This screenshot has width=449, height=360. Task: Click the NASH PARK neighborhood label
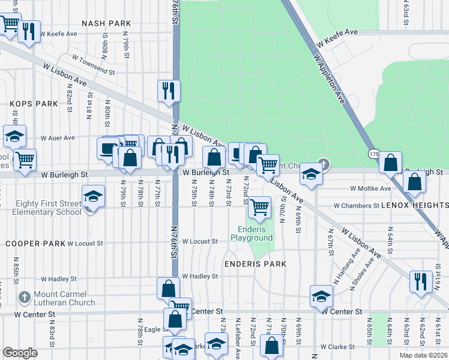pos(106,23)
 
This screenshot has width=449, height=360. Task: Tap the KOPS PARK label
pos(34,104)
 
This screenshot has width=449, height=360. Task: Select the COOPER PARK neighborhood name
pos(34,244)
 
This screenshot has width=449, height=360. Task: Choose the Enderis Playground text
pos(252,233)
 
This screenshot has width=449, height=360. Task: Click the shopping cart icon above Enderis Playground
pos(259,206)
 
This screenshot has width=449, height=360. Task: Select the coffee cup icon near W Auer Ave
pos(109,148)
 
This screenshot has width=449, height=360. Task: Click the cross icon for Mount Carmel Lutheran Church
pos(24,296)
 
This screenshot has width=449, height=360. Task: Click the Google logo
pos(20,353)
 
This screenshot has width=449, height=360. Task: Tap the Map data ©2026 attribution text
pos(423,355)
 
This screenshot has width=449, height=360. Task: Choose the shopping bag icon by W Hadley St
pos(168,287)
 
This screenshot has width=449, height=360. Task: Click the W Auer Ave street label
pos(58,137)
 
